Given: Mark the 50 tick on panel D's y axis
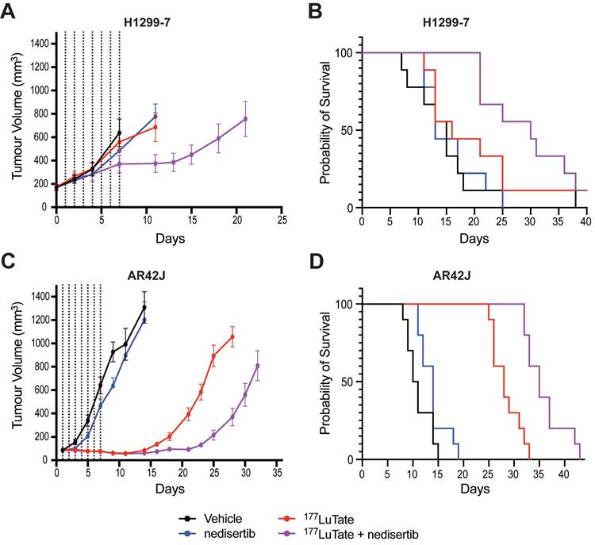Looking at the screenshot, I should tap(346, 382).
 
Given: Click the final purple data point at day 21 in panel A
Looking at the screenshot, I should tap(245, 119).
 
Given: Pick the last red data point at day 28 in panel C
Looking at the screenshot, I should tap(232, 336).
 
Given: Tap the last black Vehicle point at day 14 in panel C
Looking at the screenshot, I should tap(144, 308).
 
